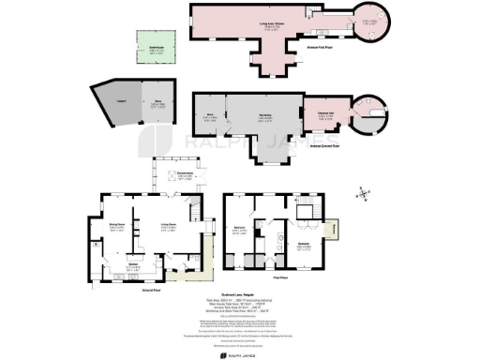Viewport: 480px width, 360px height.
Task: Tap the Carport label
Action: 109,97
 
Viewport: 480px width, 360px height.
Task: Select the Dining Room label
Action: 117,226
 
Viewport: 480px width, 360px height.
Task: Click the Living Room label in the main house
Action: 169,226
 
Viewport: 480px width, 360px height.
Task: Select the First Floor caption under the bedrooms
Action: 278,277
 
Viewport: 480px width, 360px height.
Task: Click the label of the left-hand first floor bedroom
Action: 241,231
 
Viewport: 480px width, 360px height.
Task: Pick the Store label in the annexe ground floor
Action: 211,117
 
